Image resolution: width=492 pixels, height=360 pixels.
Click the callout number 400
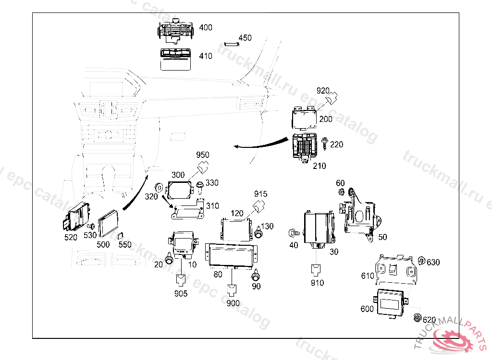pos(205,28)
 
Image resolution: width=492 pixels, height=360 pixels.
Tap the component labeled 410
pos(175,59)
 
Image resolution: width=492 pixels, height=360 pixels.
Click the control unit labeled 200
pos(305,119)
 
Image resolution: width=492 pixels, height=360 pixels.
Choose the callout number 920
pos(322,90)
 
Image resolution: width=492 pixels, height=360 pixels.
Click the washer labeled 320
pos(158,187)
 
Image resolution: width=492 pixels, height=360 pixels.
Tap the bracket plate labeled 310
pos(187,211)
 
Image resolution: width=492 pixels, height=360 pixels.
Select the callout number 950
pos(203,155)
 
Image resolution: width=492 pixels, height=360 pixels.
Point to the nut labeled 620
pos(417,317)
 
